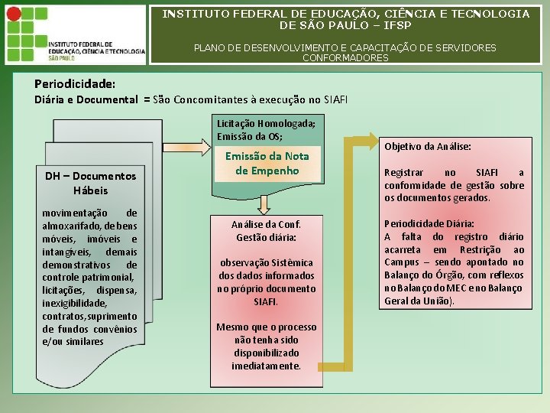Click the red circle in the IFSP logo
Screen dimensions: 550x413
coord(13,13)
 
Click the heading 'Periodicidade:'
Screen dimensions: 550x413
coord(75,83)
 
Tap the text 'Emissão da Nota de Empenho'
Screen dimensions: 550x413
coord(267,163)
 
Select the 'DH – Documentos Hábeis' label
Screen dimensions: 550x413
coord(90,183)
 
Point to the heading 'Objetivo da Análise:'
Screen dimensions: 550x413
coord(427,146)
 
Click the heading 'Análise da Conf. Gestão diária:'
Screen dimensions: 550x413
coord(266,231)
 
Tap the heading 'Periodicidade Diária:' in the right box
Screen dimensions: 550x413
coord(429,223)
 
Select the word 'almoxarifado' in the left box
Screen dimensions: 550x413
coord(70,225)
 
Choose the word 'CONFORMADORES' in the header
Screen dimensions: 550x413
coord(345,58)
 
